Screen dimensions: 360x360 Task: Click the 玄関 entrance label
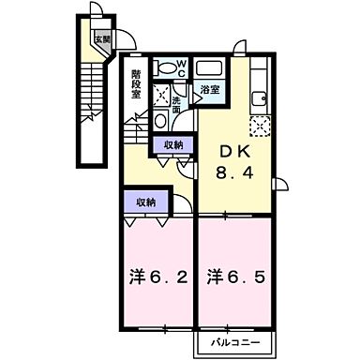[101, 39]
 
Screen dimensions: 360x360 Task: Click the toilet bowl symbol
[167, 68]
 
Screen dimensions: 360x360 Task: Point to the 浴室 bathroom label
[209, 90]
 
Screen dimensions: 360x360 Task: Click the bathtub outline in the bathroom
[209, 69]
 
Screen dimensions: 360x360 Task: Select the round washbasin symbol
[159, 121]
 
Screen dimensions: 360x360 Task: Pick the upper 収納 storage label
[173, 144]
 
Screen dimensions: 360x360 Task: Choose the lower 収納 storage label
[144, 202]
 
